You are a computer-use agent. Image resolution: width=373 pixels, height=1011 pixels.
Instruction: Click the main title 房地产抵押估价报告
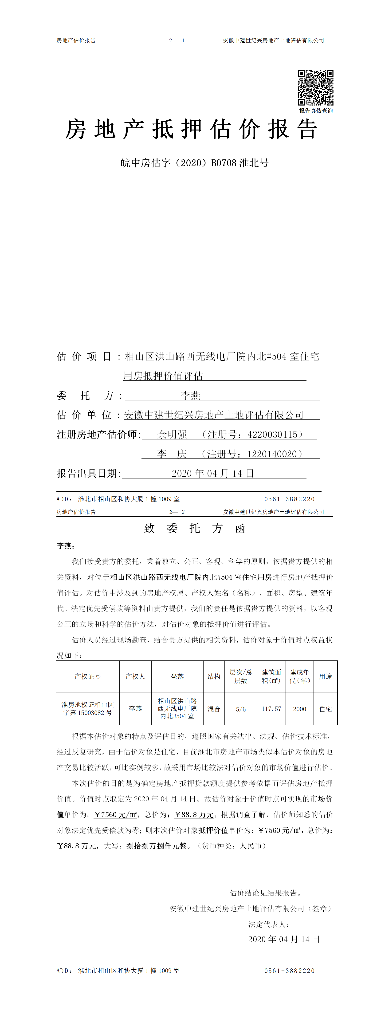(191, 130)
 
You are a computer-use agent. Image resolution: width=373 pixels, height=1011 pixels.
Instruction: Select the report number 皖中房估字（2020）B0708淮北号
(195, 163)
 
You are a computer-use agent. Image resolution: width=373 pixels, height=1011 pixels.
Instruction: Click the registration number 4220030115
(273, 434)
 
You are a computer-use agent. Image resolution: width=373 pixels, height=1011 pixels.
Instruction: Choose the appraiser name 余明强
(172, 434)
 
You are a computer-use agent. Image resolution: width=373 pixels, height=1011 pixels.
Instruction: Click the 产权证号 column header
(87, 676)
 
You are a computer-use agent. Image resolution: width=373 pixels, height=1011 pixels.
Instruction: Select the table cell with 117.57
(271, 709)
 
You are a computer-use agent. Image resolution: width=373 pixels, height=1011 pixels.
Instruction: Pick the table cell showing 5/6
(241, 709)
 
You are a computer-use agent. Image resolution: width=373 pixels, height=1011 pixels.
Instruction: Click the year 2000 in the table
(300, 709)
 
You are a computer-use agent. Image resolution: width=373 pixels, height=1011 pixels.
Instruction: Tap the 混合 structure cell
(214, 709)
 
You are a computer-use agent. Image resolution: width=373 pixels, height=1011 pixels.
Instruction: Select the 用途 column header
(326, 676)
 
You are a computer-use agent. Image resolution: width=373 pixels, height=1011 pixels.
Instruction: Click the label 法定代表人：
(269, 924)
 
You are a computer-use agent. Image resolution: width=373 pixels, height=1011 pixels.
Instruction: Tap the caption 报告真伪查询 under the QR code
(316, 111)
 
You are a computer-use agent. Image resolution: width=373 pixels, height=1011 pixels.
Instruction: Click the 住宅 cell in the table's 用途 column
(326, 709)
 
